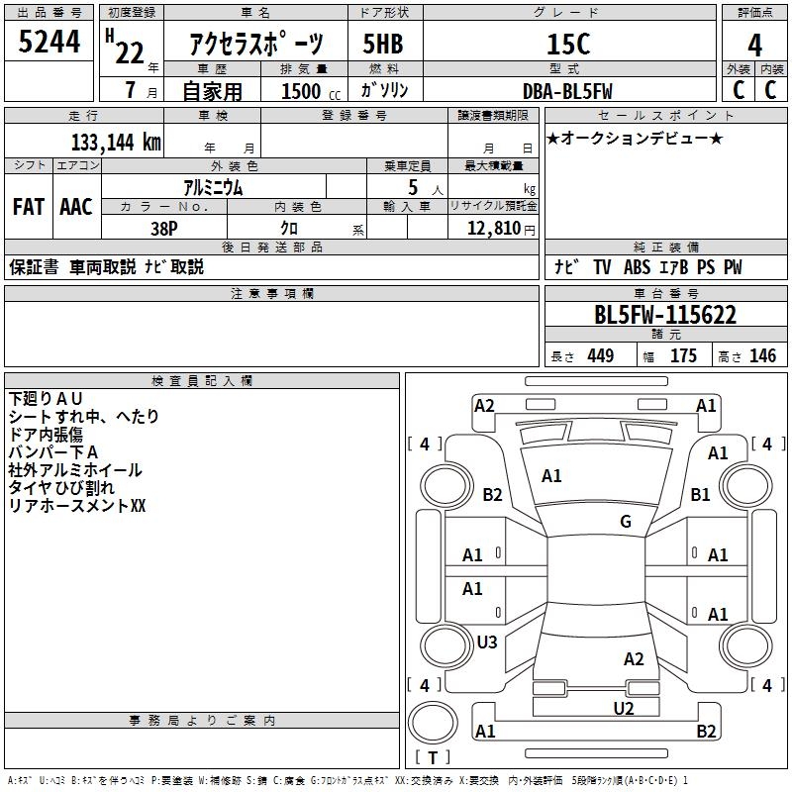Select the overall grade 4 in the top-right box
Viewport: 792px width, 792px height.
[x=755, y=45]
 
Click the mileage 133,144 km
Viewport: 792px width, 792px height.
[x=116, y=143]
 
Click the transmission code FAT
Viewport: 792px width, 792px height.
[x=28, y=207]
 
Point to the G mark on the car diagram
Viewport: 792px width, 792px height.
[x=626, y=522]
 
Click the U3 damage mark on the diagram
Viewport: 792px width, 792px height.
[x=487, y=643]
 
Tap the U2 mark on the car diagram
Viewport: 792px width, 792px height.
[x=623, y=708]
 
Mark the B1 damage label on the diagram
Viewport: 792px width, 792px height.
[x=701, y=494]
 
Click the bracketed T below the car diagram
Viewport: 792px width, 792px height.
[x=433, y=757]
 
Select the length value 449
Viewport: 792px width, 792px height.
[x=600, y=356]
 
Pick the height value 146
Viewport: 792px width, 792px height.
[x=762, y=356]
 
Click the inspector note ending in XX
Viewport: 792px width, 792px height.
[x=77, y=506]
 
